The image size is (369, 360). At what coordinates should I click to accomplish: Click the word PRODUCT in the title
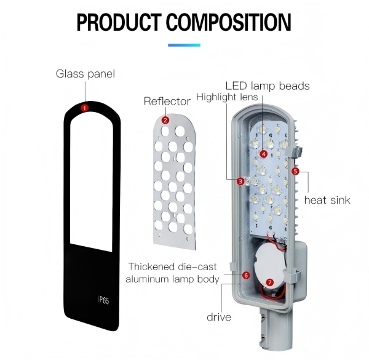[119, 22]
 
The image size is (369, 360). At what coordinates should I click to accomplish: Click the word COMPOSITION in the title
[229, 22]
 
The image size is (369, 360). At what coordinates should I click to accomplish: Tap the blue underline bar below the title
[184, 45]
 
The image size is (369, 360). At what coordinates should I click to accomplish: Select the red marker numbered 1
[84, 108]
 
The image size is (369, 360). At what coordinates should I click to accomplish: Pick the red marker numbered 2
[165, 120]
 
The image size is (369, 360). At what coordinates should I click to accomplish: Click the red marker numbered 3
[240, 181]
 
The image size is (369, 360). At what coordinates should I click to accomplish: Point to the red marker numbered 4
[264, 154]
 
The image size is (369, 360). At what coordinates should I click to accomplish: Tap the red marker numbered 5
[295, 171]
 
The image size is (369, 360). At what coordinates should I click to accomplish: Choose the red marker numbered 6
[246, 275]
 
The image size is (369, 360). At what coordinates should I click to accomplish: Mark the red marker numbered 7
[270, 282]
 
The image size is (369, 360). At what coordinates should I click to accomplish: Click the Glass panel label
[85, 74]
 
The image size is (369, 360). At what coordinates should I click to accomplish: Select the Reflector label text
[167, 102]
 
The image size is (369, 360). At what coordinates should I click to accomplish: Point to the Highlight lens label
[227, 97]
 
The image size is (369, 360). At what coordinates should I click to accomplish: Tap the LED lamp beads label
[268, 86]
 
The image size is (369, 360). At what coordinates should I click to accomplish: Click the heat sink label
[327, 200]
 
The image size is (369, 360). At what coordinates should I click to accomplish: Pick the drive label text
[219, 317]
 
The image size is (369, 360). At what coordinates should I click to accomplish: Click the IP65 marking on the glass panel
[103, 300]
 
